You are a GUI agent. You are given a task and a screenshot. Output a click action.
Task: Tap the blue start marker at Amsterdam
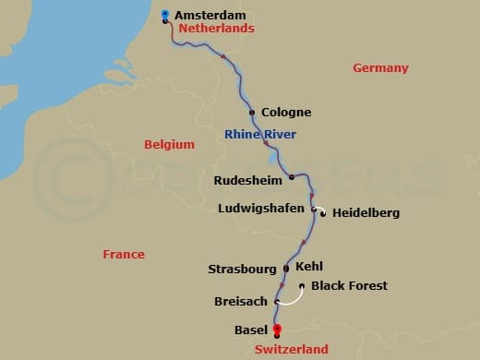164,14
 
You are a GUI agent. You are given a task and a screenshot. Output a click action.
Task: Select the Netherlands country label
216,29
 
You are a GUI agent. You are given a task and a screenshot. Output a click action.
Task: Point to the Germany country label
380,68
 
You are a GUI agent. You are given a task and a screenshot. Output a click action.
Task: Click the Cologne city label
286,113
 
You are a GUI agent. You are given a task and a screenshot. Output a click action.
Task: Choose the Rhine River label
260,135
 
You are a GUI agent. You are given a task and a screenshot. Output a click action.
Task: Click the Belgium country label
170,145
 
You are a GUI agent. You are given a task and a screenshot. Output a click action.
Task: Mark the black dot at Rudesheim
291,176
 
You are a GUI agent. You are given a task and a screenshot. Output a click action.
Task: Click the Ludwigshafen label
260,209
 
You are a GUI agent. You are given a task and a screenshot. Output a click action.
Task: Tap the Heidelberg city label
366,213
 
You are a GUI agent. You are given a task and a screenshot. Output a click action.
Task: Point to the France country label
124,254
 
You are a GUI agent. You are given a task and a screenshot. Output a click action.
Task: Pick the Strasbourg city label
243,270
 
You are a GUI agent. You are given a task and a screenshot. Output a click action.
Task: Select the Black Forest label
349,286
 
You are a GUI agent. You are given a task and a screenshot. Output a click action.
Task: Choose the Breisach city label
240,302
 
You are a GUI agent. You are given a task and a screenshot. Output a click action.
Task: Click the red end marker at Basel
276,330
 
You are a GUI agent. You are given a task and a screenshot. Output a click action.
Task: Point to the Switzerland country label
292,350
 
